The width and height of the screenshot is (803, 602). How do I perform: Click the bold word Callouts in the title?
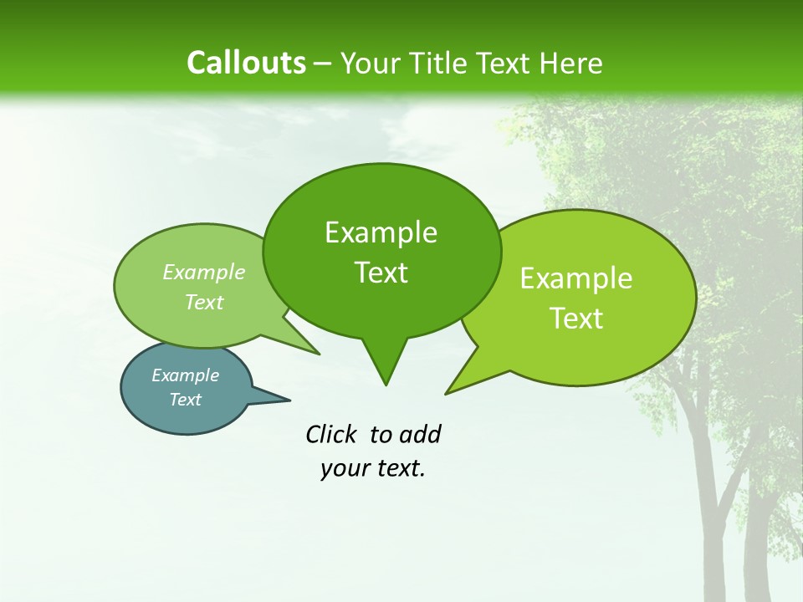[x=246, y=63]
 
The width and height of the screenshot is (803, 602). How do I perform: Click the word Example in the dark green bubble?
[x=381, y=232]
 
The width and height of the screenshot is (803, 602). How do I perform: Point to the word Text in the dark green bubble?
[x=381, y=273]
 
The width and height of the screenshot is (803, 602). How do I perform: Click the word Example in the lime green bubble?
[x=576, y=278]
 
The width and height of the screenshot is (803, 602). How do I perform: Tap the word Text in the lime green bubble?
[x=576, y=319]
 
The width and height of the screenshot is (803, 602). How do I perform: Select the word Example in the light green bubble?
[x=204, y=272]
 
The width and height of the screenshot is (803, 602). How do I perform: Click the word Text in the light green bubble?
[x=204, y=302]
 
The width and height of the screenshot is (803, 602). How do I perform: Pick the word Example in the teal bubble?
[x=185, y=375]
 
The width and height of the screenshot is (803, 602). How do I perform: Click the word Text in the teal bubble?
[x=185, y=400]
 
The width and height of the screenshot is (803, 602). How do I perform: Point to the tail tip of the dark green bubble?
[x=386, y=385]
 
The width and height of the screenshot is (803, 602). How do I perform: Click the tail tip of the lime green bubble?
[x=446, y=394]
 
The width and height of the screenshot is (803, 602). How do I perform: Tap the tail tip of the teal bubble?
[x=290, y=400]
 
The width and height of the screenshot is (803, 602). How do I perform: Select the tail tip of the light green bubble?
[x=320, y=355]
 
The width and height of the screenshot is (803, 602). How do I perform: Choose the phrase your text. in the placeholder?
[x=373, y=468]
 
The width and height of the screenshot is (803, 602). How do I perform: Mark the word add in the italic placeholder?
[x=419, y=434]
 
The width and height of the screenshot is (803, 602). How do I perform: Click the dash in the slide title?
[x=323, y=64]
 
